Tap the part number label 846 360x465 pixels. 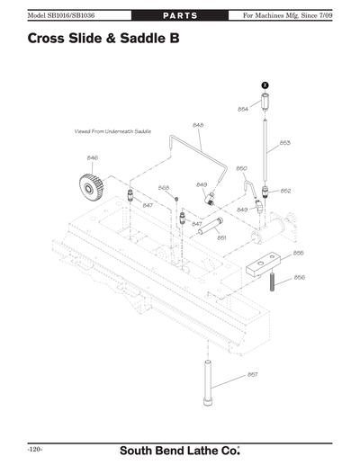pos(92,157)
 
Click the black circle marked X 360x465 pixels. pos(265,84)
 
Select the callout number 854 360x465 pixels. pos(243,109)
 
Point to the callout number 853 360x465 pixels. pos(284,142)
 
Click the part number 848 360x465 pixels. pos(198,124)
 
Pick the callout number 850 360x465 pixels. pos(241,168)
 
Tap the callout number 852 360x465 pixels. pos(285,191)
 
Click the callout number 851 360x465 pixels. pos(221,237)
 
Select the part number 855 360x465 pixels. pos(298,253)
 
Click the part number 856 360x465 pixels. pos(300,277)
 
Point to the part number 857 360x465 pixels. pos(253,374)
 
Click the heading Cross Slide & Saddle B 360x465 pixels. pos(97,39)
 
